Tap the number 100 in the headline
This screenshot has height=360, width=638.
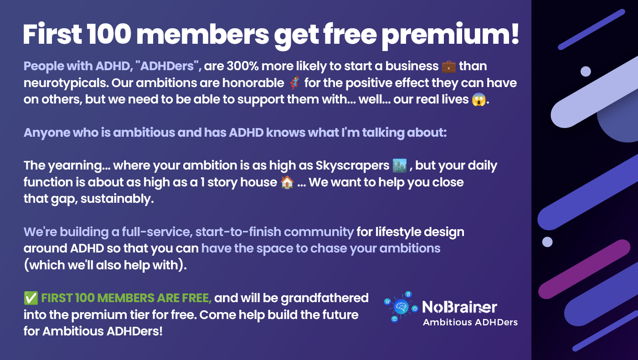(x=109, y=34)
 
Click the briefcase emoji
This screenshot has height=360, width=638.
(x=448, y=67)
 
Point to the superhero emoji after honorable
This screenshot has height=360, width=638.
(x=294, y=83)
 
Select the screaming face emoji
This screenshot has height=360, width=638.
(x=479, y=100)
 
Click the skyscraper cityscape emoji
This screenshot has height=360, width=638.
(x=400, y=165)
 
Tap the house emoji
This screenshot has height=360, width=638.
(x=287, y=182)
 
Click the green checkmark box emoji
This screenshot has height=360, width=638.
(x=31, y=298)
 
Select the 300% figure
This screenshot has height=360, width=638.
(x=242, y=66)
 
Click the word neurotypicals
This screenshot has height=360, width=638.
(x=66, y=83)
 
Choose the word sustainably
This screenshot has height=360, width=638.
(x=117, y=199)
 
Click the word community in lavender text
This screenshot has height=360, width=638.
(x=319, y=232)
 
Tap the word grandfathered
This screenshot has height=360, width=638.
(x=324, y=298)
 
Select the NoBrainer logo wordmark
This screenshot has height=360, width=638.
(x=459, y=307)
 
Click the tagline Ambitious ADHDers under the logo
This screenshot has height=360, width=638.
(x=470, y=323)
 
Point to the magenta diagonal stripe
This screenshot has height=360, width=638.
(x=584, y=269)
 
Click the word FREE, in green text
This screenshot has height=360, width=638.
(x=196, y=298)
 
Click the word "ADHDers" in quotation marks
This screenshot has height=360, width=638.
(x=167, y=67)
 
